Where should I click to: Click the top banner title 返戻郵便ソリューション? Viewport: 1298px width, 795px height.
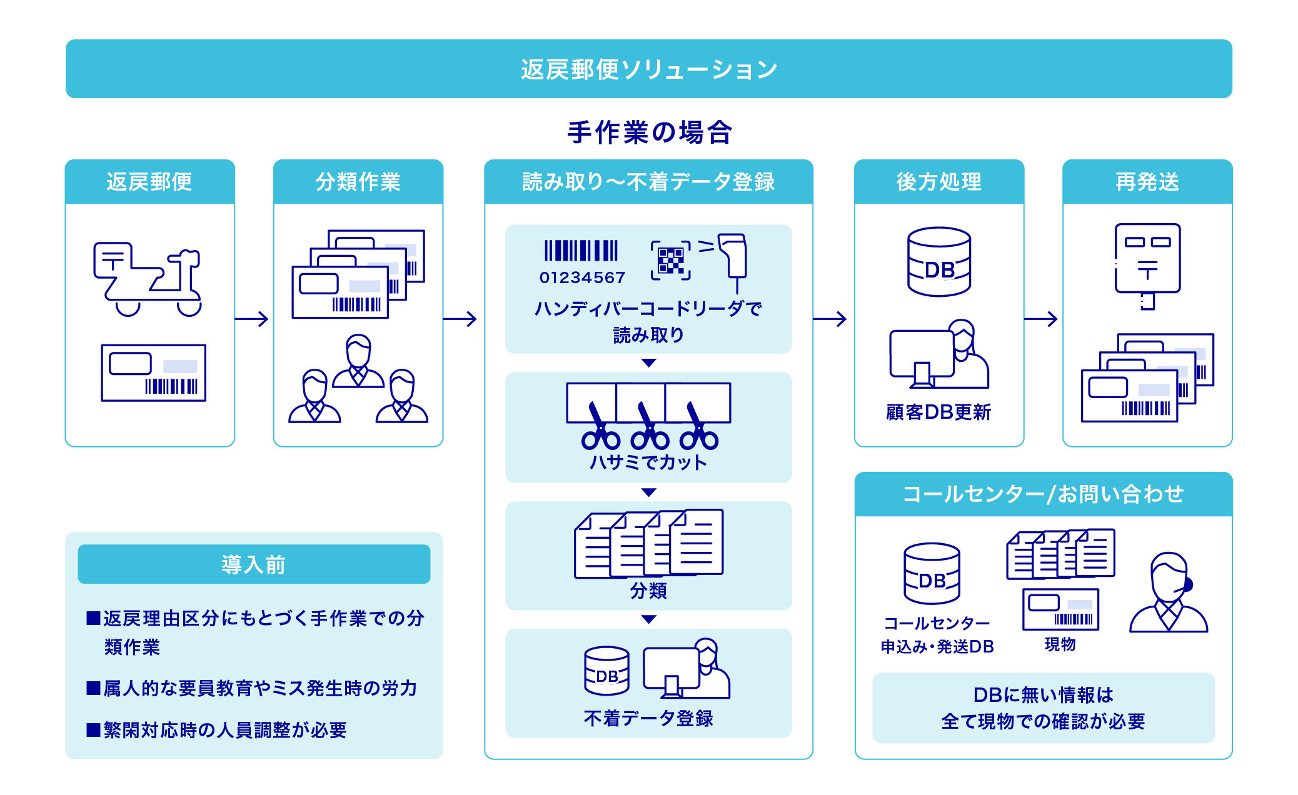click(648, 69)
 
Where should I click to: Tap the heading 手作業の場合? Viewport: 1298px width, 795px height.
click(649, 132)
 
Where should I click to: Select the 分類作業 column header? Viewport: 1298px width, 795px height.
click(358, 182)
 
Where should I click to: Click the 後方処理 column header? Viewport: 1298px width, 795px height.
click(938, 182)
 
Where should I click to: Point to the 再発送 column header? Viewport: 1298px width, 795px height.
click(1147, 182)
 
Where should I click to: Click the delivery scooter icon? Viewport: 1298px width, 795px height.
click(148, 279)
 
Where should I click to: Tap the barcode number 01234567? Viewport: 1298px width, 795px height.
click(582, 277)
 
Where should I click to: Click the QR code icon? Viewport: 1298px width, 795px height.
click(670, 260)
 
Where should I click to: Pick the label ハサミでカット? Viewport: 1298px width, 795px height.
click(648, 462)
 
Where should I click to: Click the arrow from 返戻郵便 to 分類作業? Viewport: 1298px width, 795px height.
click(252, 319)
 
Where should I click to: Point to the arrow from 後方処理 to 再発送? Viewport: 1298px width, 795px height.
click(1041, 319)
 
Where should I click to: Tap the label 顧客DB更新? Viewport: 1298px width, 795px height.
click(938, 412)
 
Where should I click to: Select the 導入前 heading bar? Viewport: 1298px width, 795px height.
click(254, 564)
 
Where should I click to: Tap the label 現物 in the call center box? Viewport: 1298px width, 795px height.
click(1060, 644)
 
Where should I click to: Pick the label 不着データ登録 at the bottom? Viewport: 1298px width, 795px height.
click(648, 719)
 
